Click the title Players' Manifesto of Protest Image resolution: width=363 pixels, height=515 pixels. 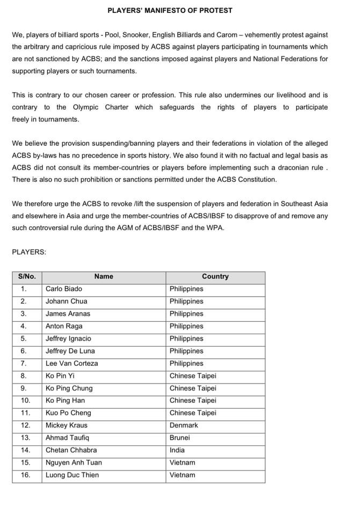pyautogui.click(x=170, y=10)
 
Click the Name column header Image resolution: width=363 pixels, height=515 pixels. pyautogui.click(x=104, y=276)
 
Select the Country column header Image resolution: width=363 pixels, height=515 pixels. pyautogui.click(x=215, y=276)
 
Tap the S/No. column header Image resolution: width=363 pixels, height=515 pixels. pyautogui.click(x=27, y=276)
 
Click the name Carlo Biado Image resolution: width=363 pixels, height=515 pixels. pyautogui.click(x=64, y=289)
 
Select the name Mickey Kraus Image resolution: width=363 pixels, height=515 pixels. pyautogui.click(x=66, y=425)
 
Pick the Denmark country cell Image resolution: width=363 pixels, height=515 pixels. pyautogui.click(x=184, y=425)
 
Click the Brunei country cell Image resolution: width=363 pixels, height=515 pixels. pyautogui.click(x=180, y=438)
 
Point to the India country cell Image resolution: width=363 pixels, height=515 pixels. pyautogui.click(x=177, y=450)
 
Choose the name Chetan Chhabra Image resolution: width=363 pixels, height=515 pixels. pyautogui.click(x=71, y=450)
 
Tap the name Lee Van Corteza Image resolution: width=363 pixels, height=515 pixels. pyautogui.click(x=72, y=363)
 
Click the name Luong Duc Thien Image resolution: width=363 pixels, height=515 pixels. pyautogui.click(x=72, y=475)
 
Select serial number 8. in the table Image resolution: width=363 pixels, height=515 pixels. pyautogui.click(x=24, y=376)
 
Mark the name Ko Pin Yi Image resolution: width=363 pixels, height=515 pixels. pyautogui.click(x=60, y=376)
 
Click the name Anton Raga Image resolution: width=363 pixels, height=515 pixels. pyautogui.click(x=64, y=326)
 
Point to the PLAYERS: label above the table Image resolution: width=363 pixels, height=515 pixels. pyautogui.click(x=29, y=252)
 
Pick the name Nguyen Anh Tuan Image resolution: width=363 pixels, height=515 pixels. pyautogui.click(x=74, y=462)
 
